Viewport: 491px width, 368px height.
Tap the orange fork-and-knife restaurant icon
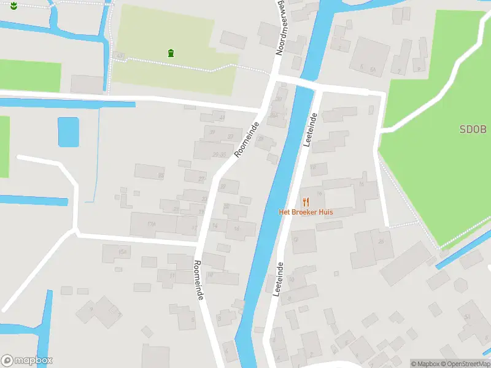[x=306, y=202]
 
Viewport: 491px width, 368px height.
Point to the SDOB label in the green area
[x=473, y=129]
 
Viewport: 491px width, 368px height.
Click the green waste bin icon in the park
[x=170, y=53]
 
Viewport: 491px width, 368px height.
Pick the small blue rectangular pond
[x=68, y=132]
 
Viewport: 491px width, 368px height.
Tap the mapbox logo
[x=27, y=361]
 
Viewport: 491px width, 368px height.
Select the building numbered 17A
[x=152, y=224]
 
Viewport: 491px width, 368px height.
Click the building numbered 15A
[x=123, y=252]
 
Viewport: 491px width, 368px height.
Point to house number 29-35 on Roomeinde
[x=219, y=154]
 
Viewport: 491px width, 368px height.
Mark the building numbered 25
[x=381, y=241]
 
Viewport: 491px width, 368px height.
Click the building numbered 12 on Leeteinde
[x=296, y=240]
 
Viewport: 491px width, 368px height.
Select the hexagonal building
[x=460, y=286]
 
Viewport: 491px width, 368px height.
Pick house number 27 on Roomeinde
[x=202, y=178]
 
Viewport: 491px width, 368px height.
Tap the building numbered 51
[x=467, y=316]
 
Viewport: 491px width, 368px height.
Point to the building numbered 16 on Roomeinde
[x=236, y=229]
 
